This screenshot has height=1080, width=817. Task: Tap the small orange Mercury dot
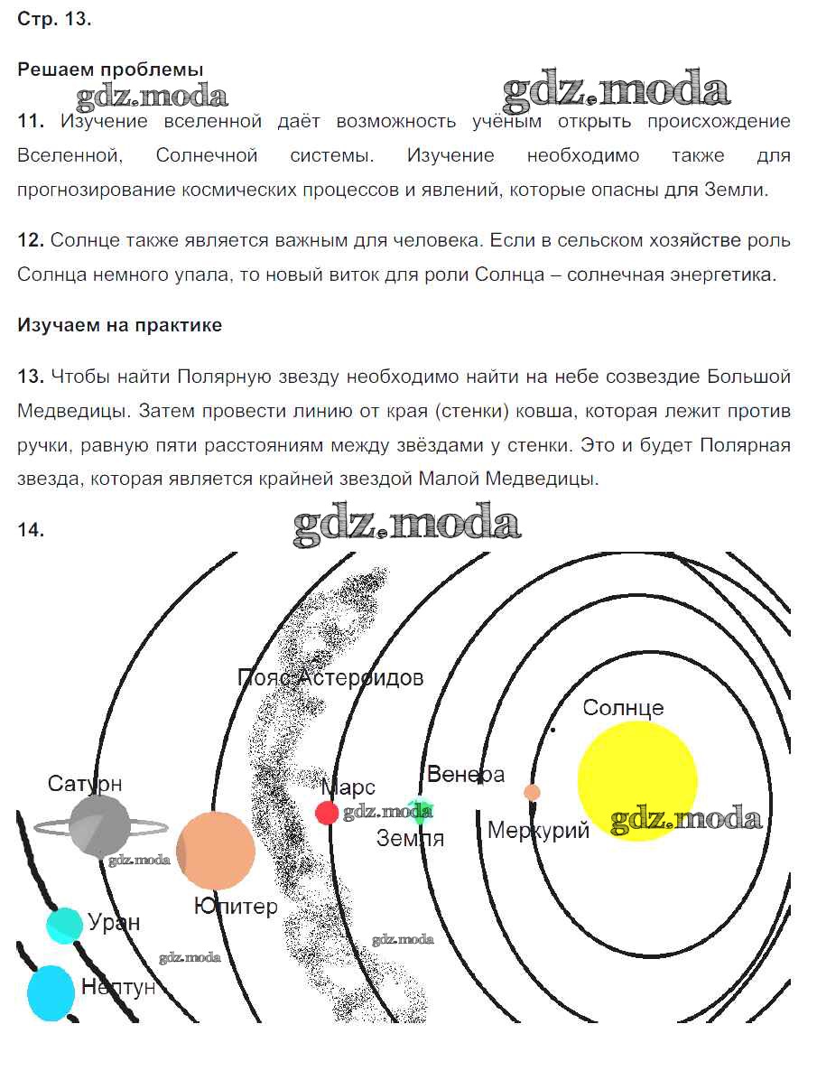[533, 792]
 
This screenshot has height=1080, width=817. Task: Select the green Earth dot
[419, 811]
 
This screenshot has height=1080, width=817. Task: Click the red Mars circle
[327, 812]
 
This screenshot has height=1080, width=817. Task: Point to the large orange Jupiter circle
[215, 851]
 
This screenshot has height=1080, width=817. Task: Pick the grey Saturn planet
[100, 824]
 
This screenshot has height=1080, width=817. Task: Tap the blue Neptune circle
[51, 992]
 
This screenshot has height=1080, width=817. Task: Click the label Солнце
[623, 707]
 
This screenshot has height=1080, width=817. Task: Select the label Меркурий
[538, 830]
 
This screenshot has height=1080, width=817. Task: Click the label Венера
[466, 774]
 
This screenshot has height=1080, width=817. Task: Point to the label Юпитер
[237, 906]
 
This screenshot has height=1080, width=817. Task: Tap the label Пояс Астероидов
[330, 677]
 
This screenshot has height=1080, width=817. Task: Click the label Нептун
[118, 987]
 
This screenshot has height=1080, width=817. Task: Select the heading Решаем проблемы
[110, 70]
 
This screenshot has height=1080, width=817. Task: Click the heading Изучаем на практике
[119, 326]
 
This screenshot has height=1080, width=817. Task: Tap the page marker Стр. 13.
[54, 20]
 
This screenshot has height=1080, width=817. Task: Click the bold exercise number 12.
[31, 240]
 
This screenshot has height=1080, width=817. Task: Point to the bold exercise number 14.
[31, 531]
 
